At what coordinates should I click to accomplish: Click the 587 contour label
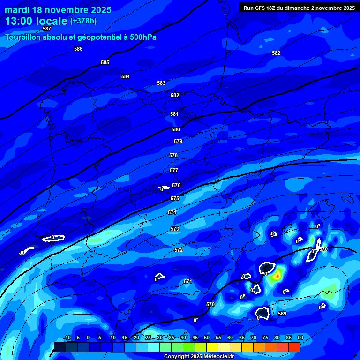[46, 29]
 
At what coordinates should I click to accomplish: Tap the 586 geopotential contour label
[78, 49]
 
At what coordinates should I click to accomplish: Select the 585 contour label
[105, 62]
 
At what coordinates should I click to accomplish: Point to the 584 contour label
[126, 76]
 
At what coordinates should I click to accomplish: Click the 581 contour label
[174, 114]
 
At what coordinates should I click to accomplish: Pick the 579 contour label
[178, 141]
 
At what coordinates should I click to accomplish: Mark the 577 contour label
[174, 170]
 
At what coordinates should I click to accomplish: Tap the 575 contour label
[175, 198]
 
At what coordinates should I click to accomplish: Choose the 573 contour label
[175, 229]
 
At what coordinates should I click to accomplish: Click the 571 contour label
[188, 281]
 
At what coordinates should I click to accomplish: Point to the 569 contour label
[282, 314]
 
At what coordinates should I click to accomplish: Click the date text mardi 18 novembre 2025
[58, 10]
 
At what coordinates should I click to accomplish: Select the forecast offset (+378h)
[84, 21]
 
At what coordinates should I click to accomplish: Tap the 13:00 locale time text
[36, 21]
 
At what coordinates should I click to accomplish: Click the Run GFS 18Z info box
[299, 7]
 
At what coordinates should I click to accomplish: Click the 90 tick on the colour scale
[300, 337]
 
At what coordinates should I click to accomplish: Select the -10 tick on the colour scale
[67, 337]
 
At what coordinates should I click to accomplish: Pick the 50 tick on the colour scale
[207, 337]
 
